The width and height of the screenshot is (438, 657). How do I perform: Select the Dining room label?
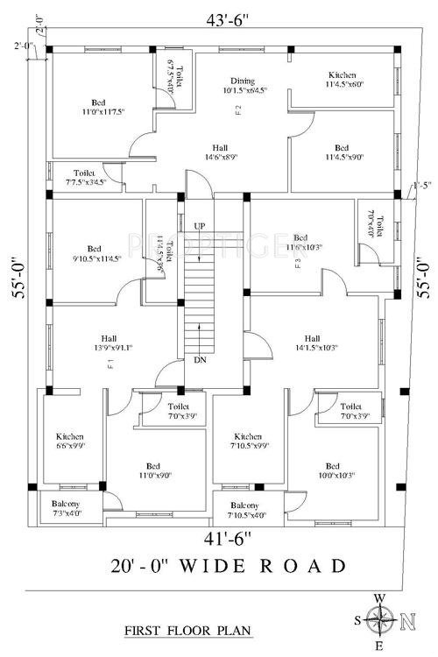pos(242,84)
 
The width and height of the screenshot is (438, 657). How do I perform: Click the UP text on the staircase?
pos(200,226)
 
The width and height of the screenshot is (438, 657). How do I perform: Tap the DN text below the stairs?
pos(200,360)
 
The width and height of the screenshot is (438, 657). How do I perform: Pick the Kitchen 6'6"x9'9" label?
pos(70,440)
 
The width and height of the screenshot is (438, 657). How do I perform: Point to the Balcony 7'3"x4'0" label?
pos(67,509)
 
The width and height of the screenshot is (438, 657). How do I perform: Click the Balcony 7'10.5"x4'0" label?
pos(244,511)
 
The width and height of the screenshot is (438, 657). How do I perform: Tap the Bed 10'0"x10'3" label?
pos(332,470)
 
